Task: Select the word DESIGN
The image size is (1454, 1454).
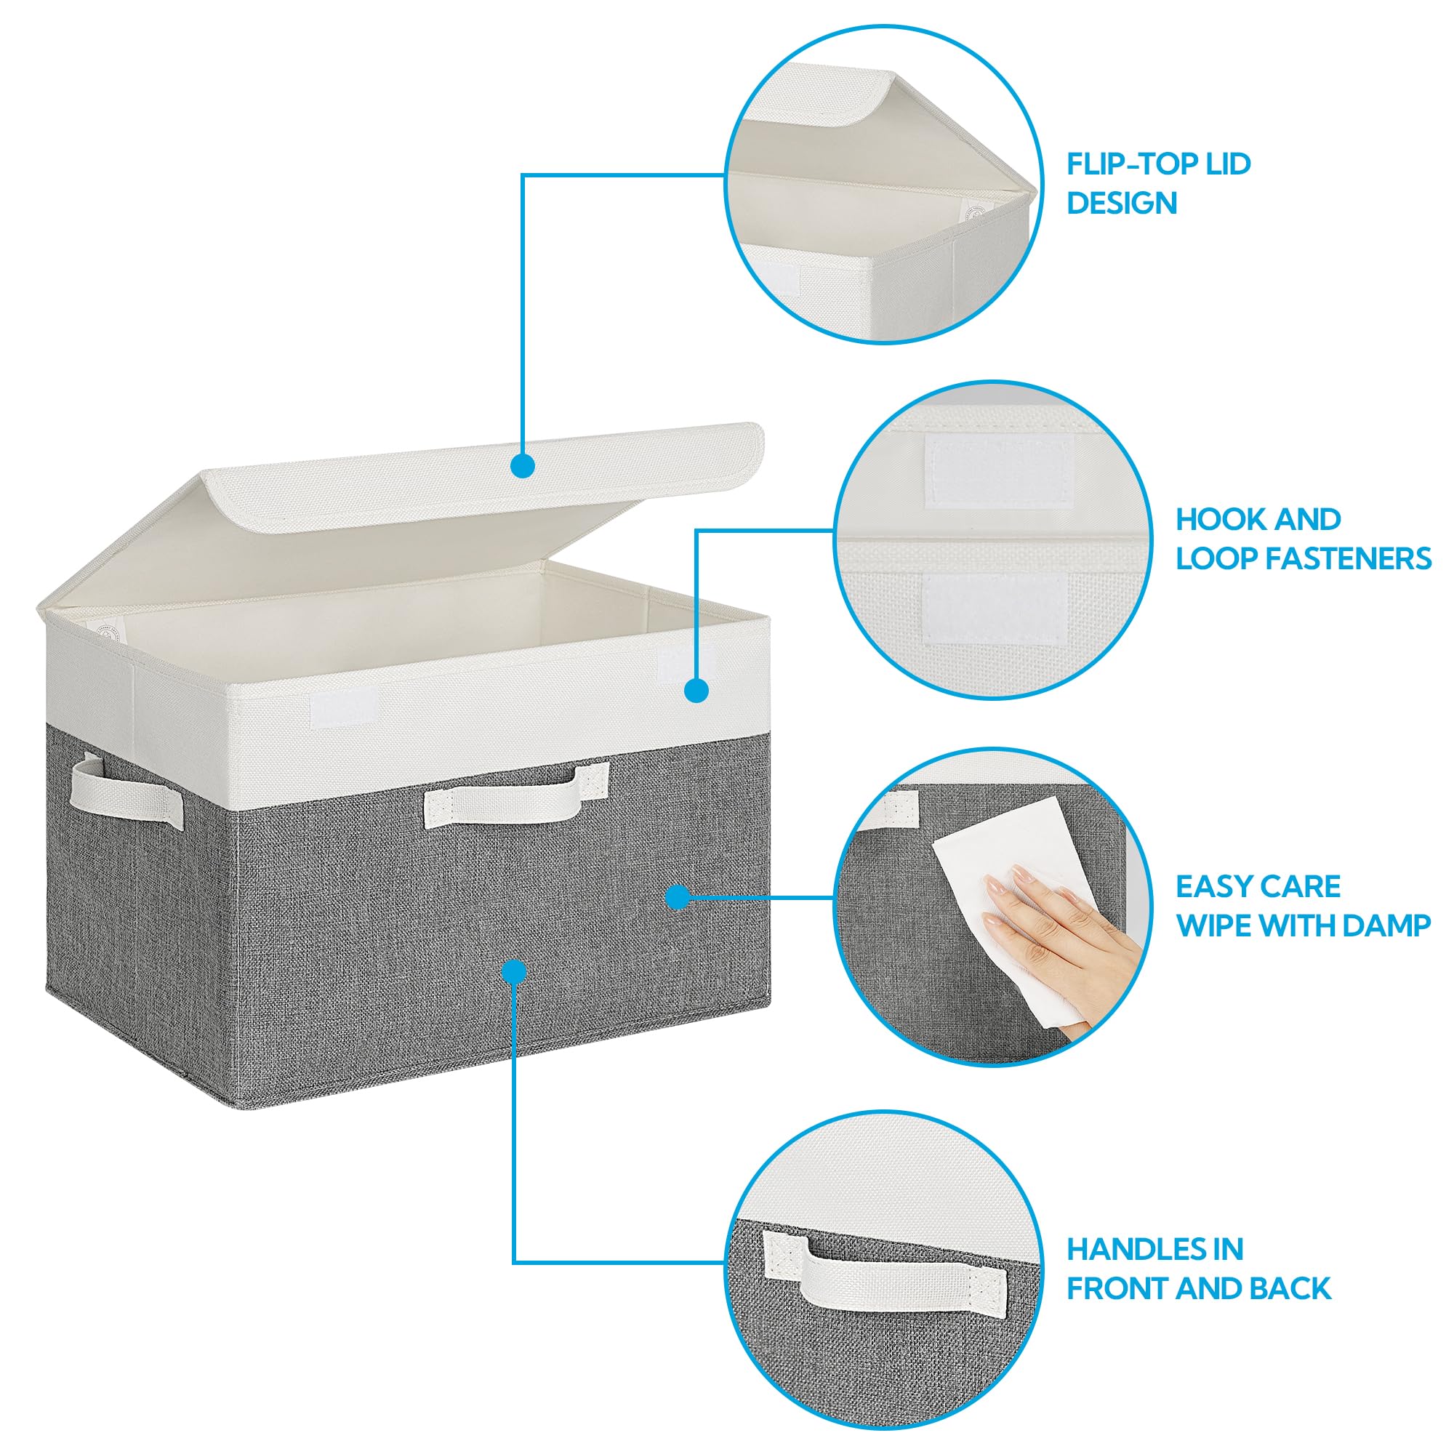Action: tap(1121, 204)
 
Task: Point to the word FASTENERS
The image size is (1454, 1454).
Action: tap(1348, 558)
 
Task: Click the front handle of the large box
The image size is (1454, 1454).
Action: tap(516, 796)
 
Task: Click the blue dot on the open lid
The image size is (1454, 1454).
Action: tap(522, 466)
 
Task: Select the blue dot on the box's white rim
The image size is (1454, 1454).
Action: tap(697, 691)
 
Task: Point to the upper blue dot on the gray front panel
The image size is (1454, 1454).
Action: tap(678, 896)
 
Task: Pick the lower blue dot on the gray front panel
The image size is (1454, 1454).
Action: tap(515, 971)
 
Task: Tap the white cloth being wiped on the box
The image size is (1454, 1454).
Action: tap(1008, 903)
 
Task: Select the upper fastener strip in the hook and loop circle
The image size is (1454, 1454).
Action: tap(988, 472)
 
